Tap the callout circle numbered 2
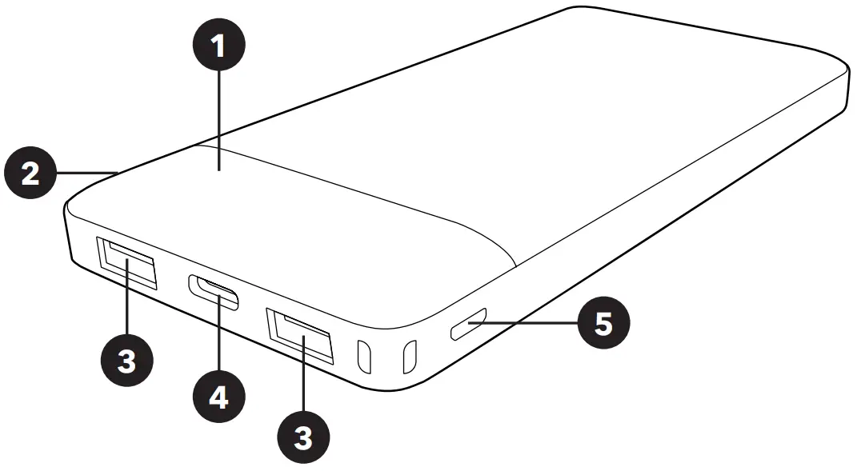[30, 174]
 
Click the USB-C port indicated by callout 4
[214, 291]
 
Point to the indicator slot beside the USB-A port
[364, 357]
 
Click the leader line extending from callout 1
[218, 120]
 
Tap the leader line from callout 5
[528, 324]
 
